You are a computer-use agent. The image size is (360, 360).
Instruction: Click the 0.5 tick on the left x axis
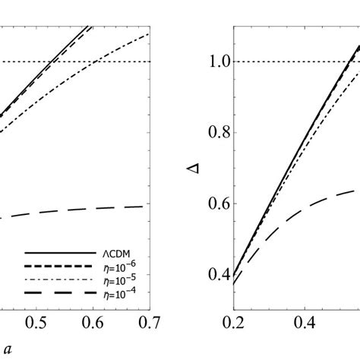point(36,324)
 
